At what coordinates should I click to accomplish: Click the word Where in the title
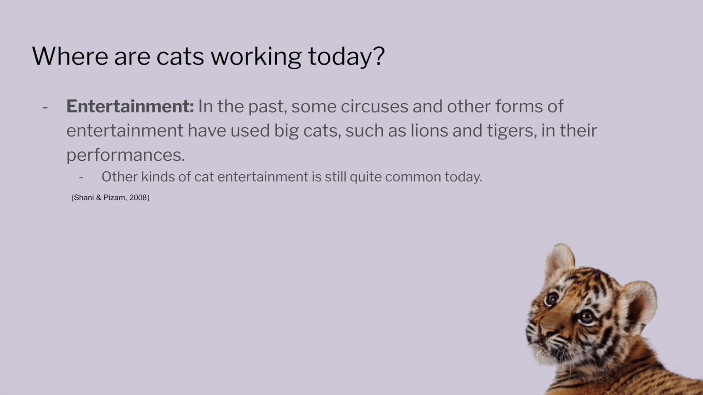click(70, 56)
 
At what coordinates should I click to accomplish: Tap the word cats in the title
click(180, 57)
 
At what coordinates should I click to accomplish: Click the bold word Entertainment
click(130, 106)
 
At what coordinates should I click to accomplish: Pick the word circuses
click(374, 106)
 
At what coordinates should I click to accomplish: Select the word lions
click(429, 130)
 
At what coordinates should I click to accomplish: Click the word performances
click(126, 155)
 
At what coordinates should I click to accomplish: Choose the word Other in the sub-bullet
click(120, 177)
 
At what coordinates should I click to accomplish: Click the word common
click(413, 177)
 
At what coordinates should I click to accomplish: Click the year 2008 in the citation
click(139, 197)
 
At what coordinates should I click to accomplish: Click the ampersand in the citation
click(98, 197)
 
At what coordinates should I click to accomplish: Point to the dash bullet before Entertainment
click(45, 108)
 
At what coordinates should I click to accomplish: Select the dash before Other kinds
click(81, 178)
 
